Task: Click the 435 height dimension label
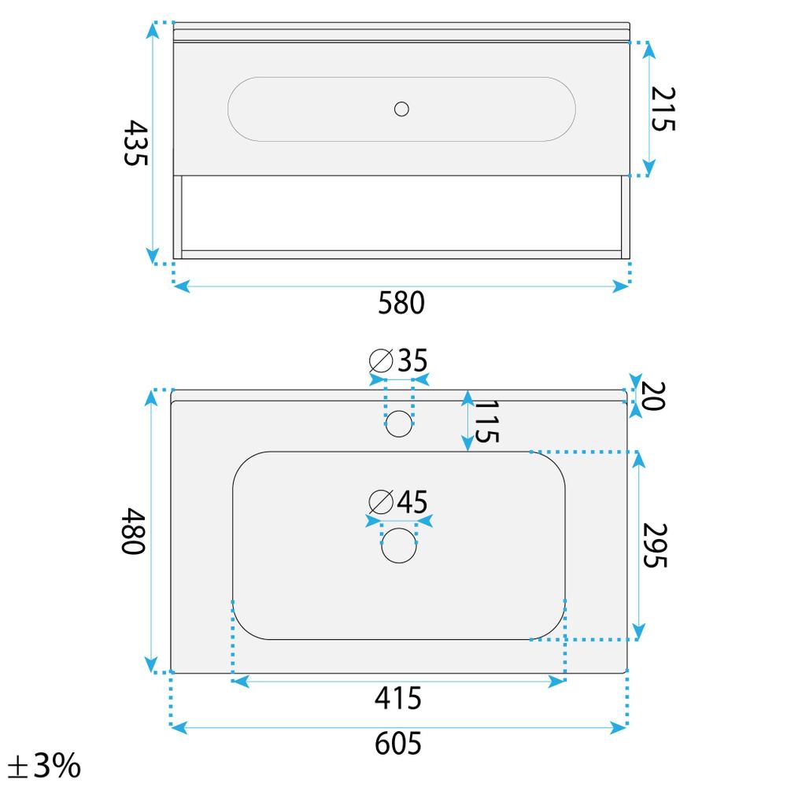click(x=135, y=142)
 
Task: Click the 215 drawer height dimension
click(x=663, y=109)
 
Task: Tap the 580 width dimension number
click(x=401, y=303)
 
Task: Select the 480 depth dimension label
click(x=133, y=530)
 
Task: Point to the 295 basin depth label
click(x=655, y=545)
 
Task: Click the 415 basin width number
click(x=398, y=698)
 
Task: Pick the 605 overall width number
click(x=398, y=744)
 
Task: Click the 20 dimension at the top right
click(x=653, y=396)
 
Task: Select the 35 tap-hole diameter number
click(x=412, y=360)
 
